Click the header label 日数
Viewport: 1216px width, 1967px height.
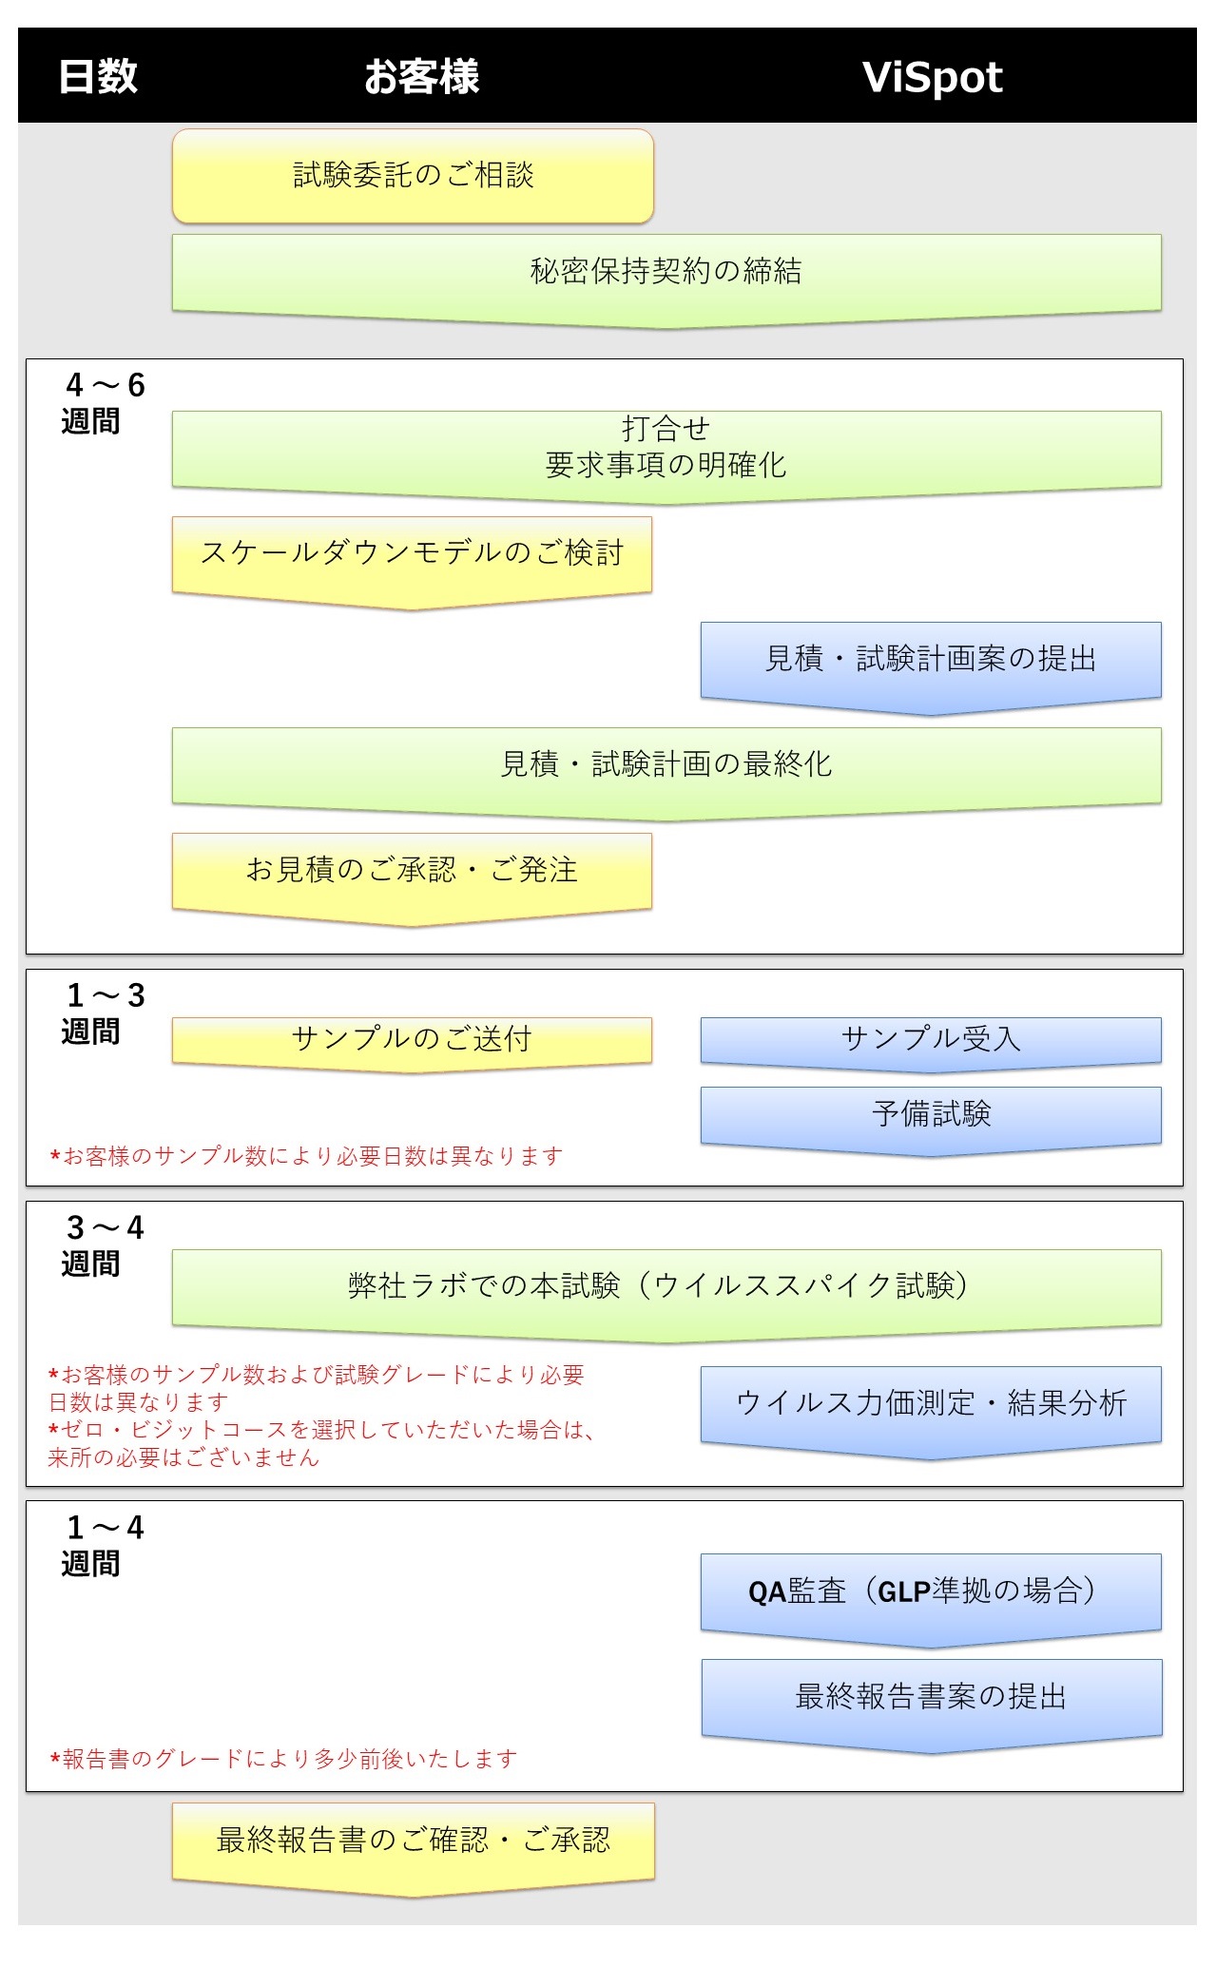coord(98,77)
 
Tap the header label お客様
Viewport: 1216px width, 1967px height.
coord(421,77)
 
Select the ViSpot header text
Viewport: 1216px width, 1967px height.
coord(932,78)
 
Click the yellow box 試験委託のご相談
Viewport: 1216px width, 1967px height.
coord(413,176)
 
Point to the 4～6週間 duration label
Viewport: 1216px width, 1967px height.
coord(104,402)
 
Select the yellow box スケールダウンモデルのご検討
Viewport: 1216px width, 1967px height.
coord(412,559)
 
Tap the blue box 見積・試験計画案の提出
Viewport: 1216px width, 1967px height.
coord(931,665)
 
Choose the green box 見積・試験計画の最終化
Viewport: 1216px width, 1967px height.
coord(666,770)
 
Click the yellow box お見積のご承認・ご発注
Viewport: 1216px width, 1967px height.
coord(412,876)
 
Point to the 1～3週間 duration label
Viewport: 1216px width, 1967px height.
coord(104,1012)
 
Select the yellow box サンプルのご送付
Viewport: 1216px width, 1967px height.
coord(412,1043)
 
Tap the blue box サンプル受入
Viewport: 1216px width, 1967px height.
coord(931,1043)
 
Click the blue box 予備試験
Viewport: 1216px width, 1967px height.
coord(931,1119)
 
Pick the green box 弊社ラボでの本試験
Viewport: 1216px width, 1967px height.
coord(666,1292)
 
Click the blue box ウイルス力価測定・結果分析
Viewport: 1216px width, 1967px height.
coord(931,1409)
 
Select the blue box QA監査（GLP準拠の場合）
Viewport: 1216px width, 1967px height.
coord(931,1596)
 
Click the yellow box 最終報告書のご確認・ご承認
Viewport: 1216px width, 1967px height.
coord(414,1845)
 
